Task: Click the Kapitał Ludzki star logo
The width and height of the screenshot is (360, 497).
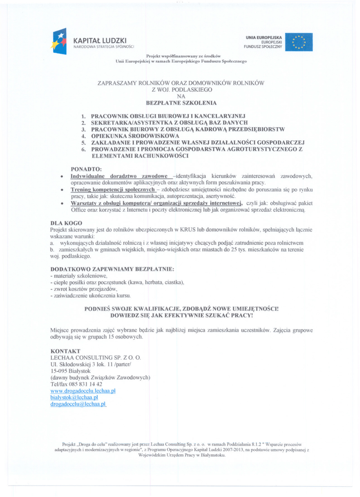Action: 59,41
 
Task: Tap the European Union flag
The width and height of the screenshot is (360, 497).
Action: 298,42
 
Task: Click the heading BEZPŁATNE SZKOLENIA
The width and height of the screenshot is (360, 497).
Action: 181,103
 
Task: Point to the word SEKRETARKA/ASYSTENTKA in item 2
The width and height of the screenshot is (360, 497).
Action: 123,123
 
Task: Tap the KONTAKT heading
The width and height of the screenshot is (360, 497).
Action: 65,350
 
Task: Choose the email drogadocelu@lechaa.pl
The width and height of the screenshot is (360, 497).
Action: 78,403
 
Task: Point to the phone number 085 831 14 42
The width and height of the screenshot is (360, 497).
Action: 85,383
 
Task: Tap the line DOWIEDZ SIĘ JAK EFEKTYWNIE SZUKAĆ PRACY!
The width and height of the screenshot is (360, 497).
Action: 181,315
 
